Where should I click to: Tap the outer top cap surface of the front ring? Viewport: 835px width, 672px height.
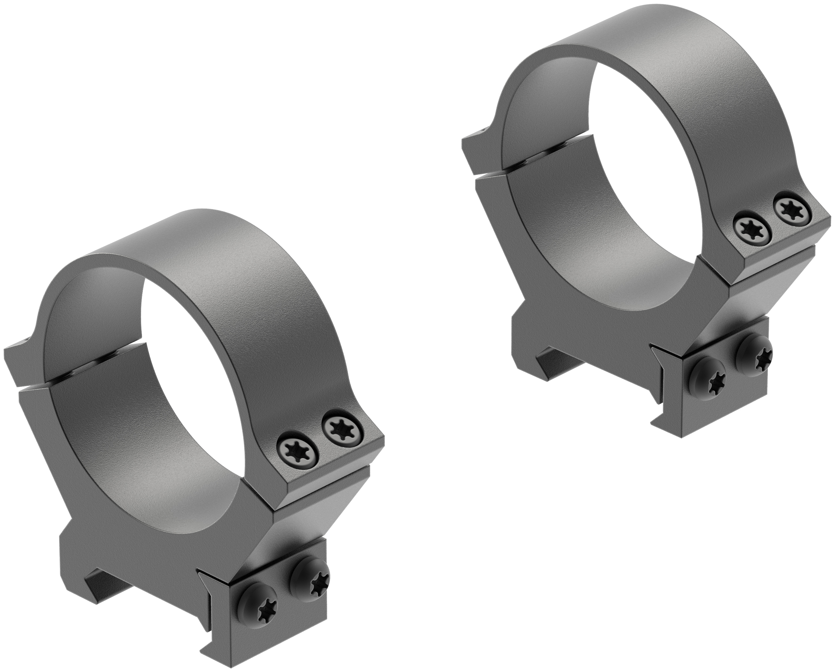click(174, 248)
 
